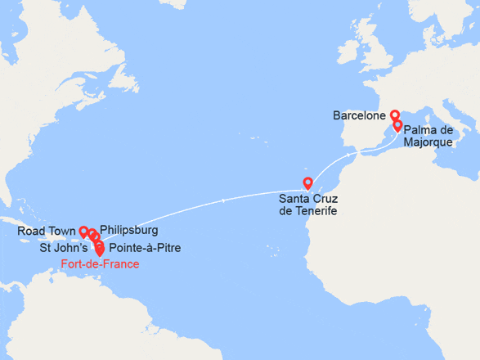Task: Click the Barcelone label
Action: (359, 116)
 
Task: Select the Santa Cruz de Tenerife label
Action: (307, 205)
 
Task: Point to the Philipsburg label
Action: (128, 231)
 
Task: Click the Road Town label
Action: (45, 232)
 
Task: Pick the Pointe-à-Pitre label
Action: (145, 248)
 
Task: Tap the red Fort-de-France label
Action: (100, 264)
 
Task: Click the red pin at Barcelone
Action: (394, 115)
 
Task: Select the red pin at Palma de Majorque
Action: (398, 125)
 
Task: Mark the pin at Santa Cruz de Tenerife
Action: (307, 182)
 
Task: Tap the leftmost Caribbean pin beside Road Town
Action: (83, 231)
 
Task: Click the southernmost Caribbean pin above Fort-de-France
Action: (100, 249)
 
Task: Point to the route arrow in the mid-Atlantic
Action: (224, 200)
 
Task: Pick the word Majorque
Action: (428, 143)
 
